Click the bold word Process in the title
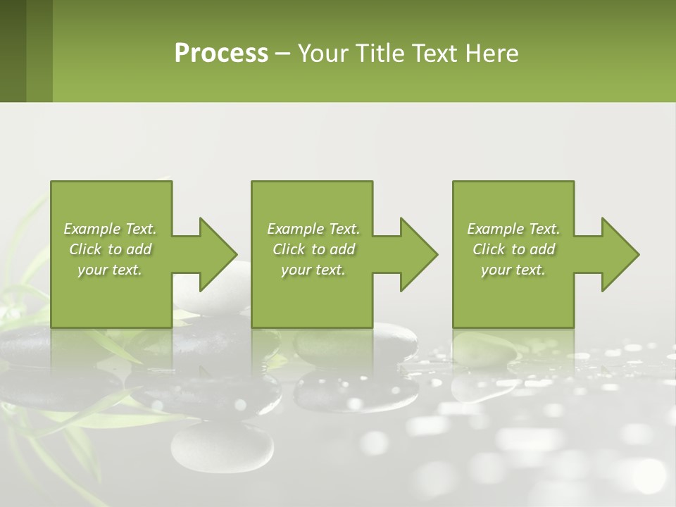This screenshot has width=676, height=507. tap(221, 54)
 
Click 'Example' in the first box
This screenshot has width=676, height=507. tap(92, 229)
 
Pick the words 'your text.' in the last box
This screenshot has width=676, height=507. tap(513, 270)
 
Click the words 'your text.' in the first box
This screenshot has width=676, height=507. tap(110, 270)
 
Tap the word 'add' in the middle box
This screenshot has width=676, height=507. tap(342, 249)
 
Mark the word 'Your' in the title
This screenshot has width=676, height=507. tap(323, 54)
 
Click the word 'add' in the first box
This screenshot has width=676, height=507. tap(139, 249)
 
